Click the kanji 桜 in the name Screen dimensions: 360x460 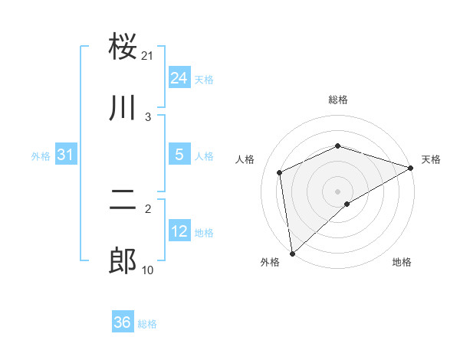pos(123,47)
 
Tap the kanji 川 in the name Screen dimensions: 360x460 pos(123,107)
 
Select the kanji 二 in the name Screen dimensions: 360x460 pos(123,201)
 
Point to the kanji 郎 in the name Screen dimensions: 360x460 pos(123,260)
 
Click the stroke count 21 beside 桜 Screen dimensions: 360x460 pos(148,56)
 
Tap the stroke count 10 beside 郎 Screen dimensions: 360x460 pos(148,269)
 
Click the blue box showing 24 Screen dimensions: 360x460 pos(179,77)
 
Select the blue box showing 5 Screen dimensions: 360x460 pos(179,155)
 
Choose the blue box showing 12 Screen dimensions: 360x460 pos(179,231)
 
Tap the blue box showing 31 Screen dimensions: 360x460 pos(66,155)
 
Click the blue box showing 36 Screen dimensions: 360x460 pos(123,322)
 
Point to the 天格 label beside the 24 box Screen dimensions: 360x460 pos(204,79)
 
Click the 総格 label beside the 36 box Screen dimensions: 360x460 pos(147,324)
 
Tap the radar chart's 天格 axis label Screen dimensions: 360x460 pos(431,159)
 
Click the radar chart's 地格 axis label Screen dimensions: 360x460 pos(402,263)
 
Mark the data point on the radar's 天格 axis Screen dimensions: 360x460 pos(410,168)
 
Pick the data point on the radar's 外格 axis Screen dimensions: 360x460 pos(292,254)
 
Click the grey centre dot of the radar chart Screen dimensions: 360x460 pos(337,191)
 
